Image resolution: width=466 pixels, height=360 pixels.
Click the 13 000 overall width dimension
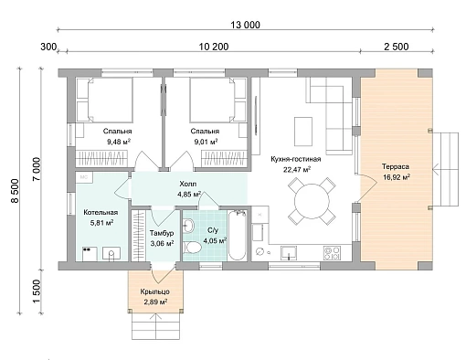click(x=245, y=25)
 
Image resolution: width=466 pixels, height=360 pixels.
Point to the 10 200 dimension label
click(x=214, y=47)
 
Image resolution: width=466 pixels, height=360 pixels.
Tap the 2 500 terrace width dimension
click(x=397, y=47)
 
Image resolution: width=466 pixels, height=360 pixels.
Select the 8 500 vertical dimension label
click(x=15, y=190)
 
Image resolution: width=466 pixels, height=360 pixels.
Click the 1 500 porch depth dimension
click(x=36, y=291)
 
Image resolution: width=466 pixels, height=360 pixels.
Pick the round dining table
click(x=312, y=201)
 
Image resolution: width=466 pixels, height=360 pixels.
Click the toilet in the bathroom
click(x=192, y=248)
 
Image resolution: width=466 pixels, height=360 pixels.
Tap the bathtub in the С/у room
click(x=237, y=235)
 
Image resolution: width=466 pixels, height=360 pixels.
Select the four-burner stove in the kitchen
click(x=332, y=253)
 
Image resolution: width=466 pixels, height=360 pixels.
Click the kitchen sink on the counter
click(x=288, y=253)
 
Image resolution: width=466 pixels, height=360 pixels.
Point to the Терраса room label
click(x=396, y=166)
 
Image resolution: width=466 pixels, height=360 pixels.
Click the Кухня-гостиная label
click(x=296, y=159)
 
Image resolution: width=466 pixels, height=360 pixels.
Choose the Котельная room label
click(x=101, y=212)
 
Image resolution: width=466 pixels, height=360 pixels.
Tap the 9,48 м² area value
click(x=119, y=142)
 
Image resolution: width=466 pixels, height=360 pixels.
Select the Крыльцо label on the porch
click(x=154, y=291)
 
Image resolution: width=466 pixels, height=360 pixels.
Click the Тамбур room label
click(x=162, y=233)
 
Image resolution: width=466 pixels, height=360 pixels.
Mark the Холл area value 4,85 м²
click(x=189, y=194)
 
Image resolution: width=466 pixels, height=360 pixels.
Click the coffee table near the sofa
click(x=303, y=132)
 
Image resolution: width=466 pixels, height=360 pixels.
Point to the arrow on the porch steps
click(x=155, y=326)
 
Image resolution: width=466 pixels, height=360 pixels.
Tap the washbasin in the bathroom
click(x=189, y=226)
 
